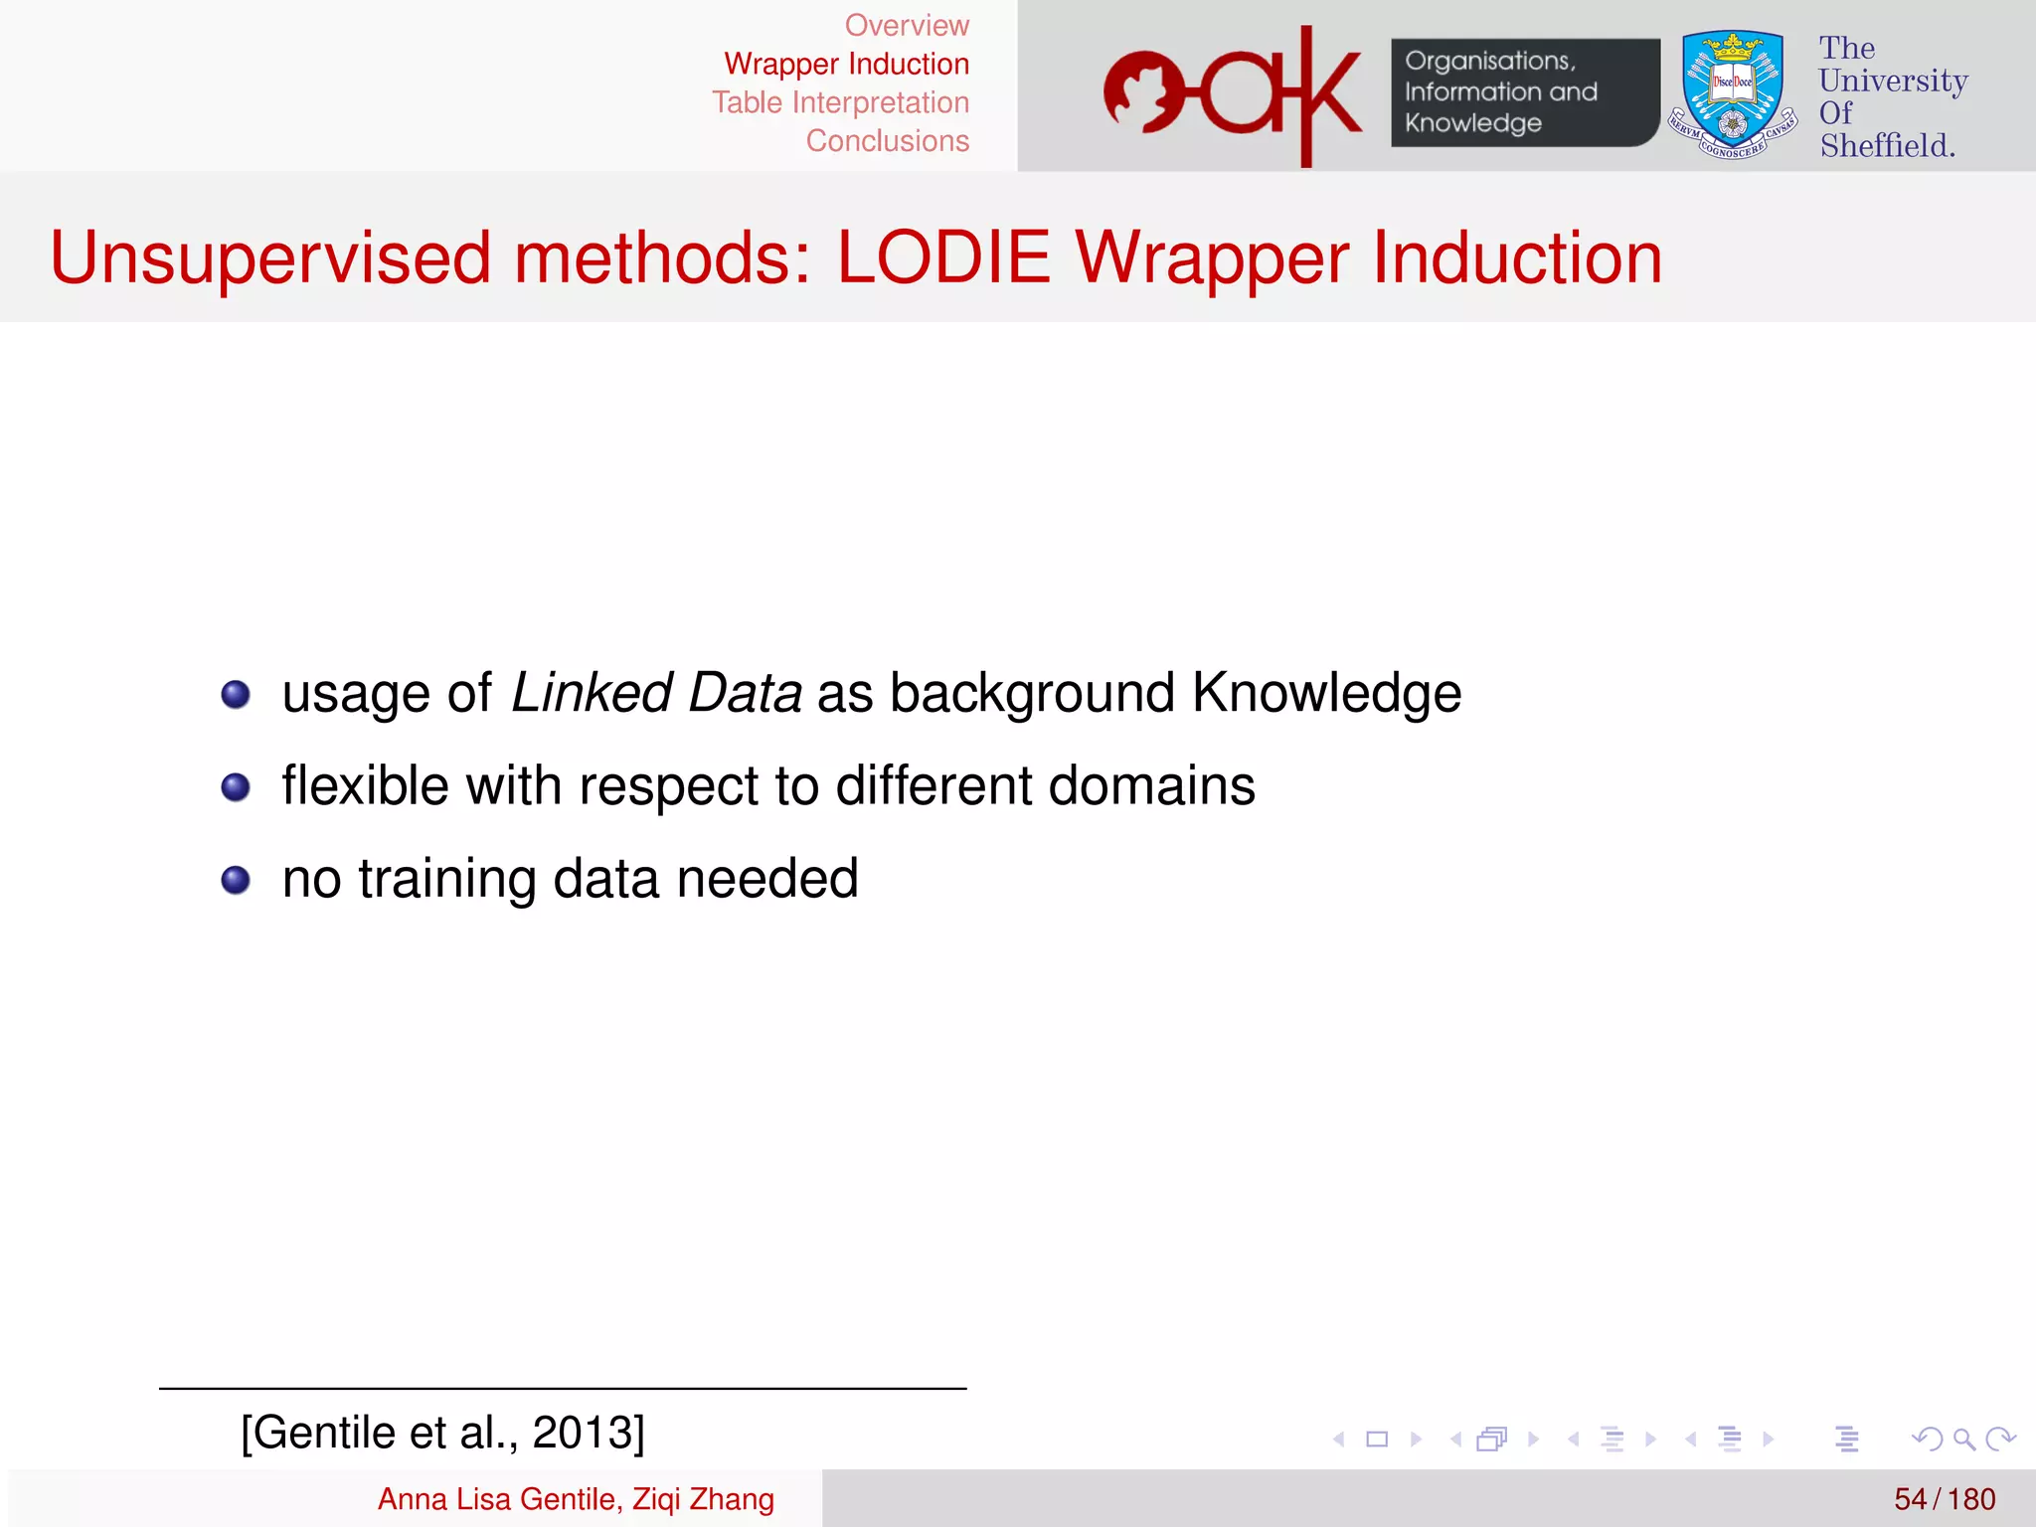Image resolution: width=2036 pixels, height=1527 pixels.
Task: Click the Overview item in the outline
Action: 906,26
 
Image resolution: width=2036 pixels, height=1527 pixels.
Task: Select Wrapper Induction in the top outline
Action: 846,65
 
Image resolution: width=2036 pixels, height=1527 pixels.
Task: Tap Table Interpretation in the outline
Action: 840,103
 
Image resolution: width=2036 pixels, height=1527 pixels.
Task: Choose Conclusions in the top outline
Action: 887,141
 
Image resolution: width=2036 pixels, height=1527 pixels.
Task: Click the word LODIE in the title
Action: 943,258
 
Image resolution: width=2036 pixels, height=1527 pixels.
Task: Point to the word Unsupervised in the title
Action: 270,258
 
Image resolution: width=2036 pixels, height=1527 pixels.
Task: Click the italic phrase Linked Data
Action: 656,693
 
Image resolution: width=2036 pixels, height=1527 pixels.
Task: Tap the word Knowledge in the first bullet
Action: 1326,693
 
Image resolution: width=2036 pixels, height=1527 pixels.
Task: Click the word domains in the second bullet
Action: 1151,786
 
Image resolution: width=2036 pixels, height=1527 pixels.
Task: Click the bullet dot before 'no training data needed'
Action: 236,881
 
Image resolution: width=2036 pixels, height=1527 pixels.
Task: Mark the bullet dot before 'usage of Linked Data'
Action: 236,694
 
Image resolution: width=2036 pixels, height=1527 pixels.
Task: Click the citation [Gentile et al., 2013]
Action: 442,1433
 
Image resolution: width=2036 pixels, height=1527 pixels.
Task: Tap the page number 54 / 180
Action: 1944,1499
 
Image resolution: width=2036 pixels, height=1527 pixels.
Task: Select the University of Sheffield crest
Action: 1733,93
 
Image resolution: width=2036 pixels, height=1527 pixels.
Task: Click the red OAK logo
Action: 1233,95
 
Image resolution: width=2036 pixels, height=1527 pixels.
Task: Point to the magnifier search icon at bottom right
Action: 1963,1439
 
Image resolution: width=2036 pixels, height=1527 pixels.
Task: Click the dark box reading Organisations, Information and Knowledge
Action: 1523,92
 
